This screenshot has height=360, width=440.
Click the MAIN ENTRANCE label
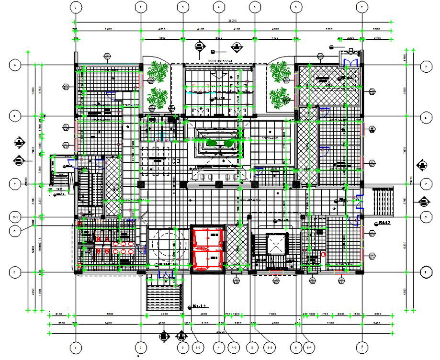pyautogui.click(x=220, y=61)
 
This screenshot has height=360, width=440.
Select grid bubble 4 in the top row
pyautogui.click(x=218, y=7)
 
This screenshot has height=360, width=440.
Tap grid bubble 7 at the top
pyautogui.click(x=362, y=7)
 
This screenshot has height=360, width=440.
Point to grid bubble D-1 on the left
pyautogui.click(x=15, y=217)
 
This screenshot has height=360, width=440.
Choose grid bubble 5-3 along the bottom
pyautogui.click(x=270, y=347)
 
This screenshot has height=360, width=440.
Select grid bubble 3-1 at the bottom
pyautogui.click(x=197, y=347)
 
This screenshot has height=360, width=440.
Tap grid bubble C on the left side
pyautogui.click(x=15, y=184)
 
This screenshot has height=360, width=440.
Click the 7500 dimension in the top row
pyautogui.click(x=329, y=30)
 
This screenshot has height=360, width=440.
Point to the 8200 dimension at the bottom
pyautogui.click(x=110, y=315)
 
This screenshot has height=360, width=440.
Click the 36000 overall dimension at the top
pyautogui.click(x=233, y=21)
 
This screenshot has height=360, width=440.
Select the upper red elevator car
pyautogui.click(x=207, y=238)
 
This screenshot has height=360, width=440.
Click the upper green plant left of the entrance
pyautogui.click(x=157, y=73)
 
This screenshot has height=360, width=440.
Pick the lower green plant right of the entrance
pyautogui.click(x=278, y=98)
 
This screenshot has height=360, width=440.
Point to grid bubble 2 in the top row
pyautogui.click(x=140, y=7)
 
